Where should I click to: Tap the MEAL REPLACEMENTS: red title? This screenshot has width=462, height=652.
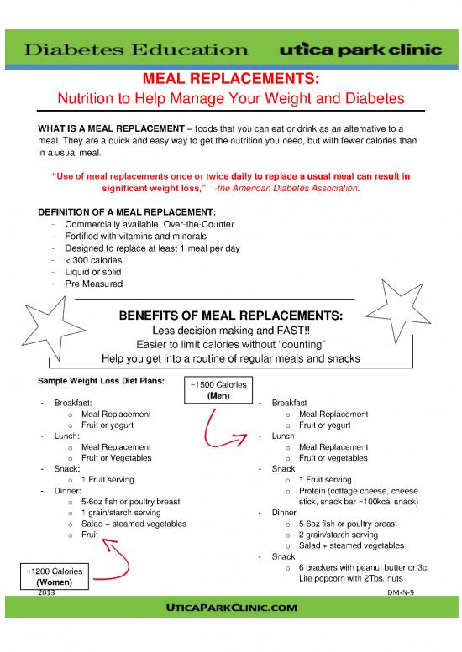pos(231,80)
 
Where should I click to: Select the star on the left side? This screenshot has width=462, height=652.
pos(48,331)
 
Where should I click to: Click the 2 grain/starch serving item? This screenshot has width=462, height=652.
pos(333,535)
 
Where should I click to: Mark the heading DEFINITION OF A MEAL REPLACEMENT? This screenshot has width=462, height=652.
pos(126,211)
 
